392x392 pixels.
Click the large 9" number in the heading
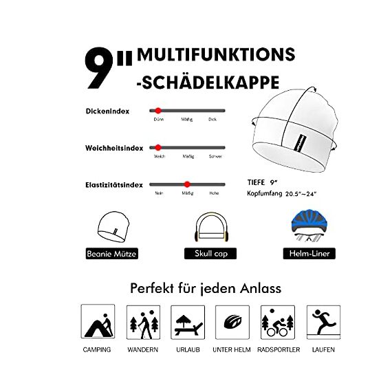[x=107, y=69]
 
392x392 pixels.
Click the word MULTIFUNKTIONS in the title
[x=216, y=54]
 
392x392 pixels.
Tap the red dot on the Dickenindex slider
[x=158, y=110]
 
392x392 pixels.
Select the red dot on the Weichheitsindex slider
[x=158, y=147]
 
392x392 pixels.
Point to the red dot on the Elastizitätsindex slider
[x=187, y=184]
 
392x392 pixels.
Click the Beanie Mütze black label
[x=112, y=254]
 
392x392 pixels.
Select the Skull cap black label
[x=210, y=254]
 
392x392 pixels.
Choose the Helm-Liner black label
[x=309, y=254]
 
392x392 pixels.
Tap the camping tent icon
[x=97, y=320]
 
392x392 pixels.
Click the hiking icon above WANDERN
[x=142, y=320]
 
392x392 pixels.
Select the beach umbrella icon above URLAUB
[x=187, y=320]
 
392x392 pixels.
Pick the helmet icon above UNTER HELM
[x=232, y=320]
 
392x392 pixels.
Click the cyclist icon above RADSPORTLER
[x=277, y=320]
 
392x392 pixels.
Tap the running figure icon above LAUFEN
[x=322, y=320]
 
